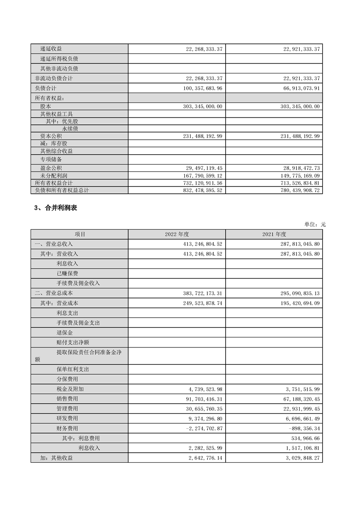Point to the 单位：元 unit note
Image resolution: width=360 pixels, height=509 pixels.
coord(315,224)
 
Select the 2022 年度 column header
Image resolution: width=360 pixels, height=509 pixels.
coord(177,234)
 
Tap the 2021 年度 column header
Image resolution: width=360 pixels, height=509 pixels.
coord(274,234)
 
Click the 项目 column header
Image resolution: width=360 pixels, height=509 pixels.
coord(80,234)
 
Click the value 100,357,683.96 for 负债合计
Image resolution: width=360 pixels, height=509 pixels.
coord(200,88)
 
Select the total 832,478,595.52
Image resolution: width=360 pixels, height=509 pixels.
coord(200,191)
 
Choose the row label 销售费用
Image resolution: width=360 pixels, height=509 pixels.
coord(67,399)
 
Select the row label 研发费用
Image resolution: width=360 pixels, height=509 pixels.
coord(67,418)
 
